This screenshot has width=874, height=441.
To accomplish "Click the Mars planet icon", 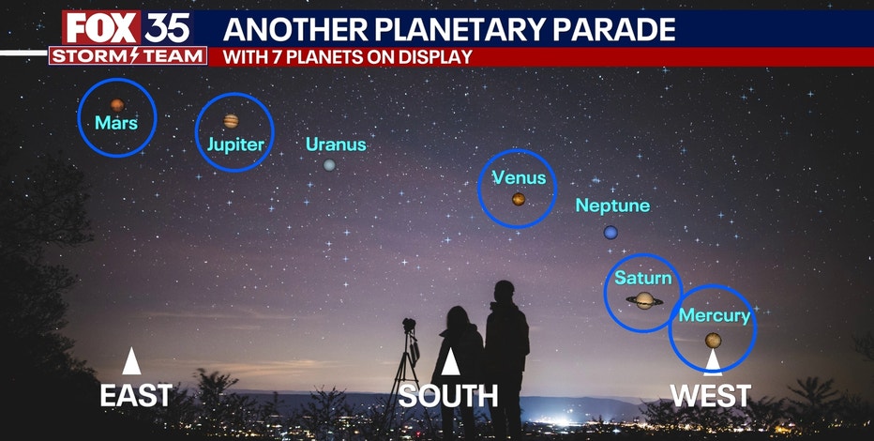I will pos(117,105).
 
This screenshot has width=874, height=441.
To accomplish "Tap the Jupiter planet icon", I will pos(231,121).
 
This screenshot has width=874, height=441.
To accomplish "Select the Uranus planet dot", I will pos(329,165).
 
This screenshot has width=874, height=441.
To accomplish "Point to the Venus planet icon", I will pos(519,199).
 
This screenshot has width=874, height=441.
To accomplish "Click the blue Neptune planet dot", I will pos(611,232).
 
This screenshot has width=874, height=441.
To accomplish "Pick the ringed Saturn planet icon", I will pos(644,300).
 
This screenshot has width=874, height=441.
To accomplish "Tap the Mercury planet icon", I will pos(714,340).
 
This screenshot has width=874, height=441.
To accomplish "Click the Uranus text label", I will pos(336,144).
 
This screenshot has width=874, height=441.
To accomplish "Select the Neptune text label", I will pos(612,205).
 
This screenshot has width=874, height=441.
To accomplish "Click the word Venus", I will pos(519,177).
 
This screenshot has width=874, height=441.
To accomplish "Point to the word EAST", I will pos(136,396).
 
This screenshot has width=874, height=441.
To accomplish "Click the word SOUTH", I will pos(448,396).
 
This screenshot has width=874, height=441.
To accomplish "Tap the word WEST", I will pos(711,396).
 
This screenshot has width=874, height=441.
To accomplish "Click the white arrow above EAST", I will pos(131,361).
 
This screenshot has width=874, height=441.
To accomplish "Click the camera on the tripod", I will pos(410,327).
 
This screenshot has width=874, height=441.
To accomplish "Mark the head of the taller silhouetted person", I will pos(505,293).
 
